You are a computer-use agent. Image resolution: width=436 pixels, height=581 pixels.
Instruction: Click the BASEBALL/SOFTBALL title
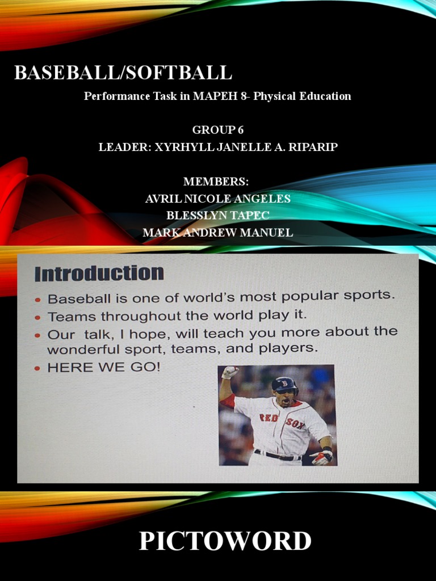(x=123, y=73)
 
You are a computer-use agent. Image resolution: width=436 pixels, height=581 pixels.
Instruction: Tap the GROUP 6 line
(x=217, y=130)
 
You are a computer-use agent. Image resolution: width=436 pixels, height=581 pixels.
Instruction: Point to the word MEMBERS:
(x=216, y=182)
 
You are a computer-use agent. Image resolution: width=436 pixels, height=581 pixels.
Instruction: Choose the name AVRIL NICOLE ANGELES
(x=217, y=199)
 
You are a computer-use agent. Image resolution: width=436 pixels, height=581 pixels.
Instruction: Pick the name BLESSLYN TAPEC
(x=217, y=216)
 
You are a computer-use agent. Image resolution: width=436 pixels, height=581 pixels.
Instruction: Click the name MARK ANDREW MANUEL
(x=217, y=233)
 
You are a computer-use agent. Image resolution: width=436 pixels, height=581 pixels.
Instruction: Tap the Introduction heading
(x=99, y=273)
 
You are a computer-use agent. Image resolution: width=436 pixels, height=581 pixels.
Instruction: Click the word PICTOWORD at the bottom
(x=225, y=541)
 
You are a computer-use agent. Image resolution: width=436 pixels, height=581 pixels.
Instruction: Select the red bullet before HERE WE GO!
(x=38, y=368)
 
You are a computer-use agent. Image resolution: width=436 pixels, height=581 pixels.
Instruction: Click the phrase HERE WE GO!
(x=104, y=367)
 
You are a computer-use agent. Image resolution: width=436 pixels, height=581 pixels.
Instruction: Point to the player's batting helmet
(x=284, y=385)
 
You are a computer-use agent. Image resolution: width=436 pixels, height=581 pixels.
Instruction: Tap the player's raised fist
(x=230, y=372)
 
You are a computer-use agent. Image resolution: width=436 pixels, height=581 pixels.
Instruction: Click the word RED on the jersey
(x=269, y=418)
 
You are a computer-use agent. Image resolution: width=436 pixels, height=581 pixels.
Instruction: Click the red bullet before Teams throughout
(x=38, y=317)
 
